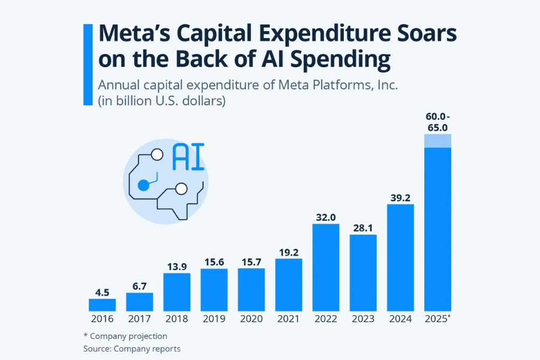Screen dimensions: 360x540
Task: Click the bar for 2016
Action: click(x=102, y=305)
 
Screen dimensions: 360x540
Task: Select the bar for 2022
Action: click(x=326, y=267)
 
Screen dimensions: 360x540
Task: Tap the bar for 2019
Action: click(x=214, y=290)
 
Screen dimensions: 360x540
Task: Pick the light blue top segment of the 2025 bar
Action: click(x=437, y=140)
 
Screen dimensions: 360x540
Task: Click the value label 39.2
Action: click(x=400, y=195)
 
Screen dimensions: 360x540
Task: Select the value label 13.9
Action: click(x=176, y=264)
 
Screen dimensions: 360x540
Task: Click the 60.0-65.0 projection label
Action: click(x=437, y=122)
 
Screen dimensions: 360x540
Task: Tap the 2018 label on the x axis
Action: click(x=176, y=319)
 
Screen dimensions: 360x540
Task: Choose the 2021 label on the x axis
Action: click(x=289, y=319)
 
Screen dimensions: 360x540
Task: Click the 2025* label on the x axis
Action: click(x=437, y=319)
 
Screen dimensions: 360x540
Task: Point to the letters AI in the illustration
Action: click(x=188, y=157)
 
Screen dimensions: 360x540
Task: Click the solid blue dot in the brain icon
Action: click(x=143, y=185)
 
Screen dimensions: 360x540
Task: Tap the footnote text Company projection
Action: click(x=128, y=336)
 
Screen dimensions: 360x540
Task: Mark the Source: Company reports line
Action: click(x=131, y=348)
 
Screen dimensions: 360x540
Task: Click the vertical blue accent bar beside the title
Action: click(x=88, y=65)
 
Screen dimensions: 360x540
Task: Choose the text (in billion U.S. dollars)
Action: click(x=161, y=101)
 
